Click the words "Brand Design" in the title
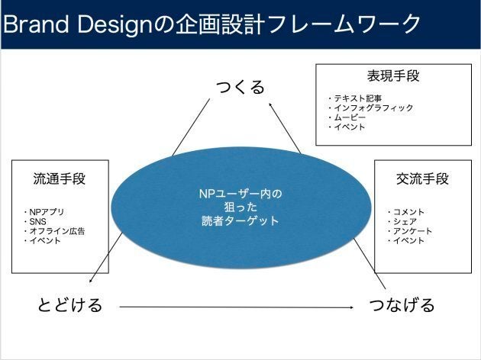(78, 24)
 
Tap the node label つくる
(240, 87)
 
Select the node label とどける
(69, 305)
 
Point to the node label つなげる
(402, 305)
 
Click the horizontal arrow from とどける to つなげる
(237, 307)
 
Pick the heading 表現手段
(393, 76)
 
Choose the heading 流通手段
(60, 178)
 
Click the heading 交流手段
(422, 178)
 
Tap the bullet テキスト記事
(358, 98)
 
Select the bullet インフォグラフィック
(373, 108)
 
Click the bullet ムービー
(350, 117)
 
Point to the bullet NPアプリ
(47, 212)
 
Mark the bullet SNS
(37, 221)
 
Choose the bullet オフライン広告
(57, 231)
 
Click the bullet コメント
(408, 212)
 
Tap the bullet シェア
(405, 221)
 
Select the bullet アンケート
(412, 231)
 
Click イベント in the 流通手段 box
(45, 240)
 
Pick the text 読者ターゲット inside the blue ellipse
(240, 221)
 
